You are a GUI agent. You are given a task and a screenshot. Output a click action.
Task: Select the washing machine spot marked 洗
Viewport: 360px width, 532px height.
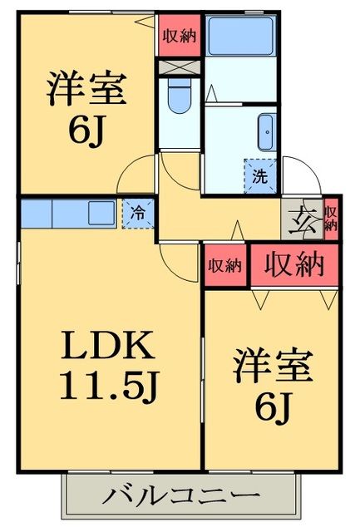pyautogui.click(x=259, y=175)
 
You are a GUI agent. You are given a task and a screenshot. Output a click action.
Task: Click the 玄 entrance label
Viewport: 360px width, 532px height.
pyautogui.click(x=300, y=219)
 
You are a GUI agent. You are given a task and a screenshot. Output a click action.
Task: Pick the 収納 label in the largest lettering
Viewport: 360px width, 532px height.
pyautogui.click(x=294, y=264)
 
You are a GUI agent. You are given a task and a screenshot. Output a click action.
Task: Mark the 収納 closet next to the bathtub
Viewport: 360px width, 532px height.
pyautogui.click(x=178, y=36)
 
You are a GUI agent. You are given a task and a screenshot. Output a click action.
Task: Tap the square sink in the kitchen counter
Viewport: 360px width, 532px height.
pyautogui.click(x=101, y=213)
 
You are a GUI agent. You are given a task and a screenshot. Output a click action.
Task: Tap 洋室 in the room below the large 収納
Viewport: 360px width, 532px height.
pyautogui.click(x=272, y=366)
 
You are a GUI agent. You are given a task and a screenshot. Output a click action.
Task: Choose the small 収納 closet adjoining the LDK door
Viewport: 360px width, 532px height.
pyautogui.click(x=224, y=266)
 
